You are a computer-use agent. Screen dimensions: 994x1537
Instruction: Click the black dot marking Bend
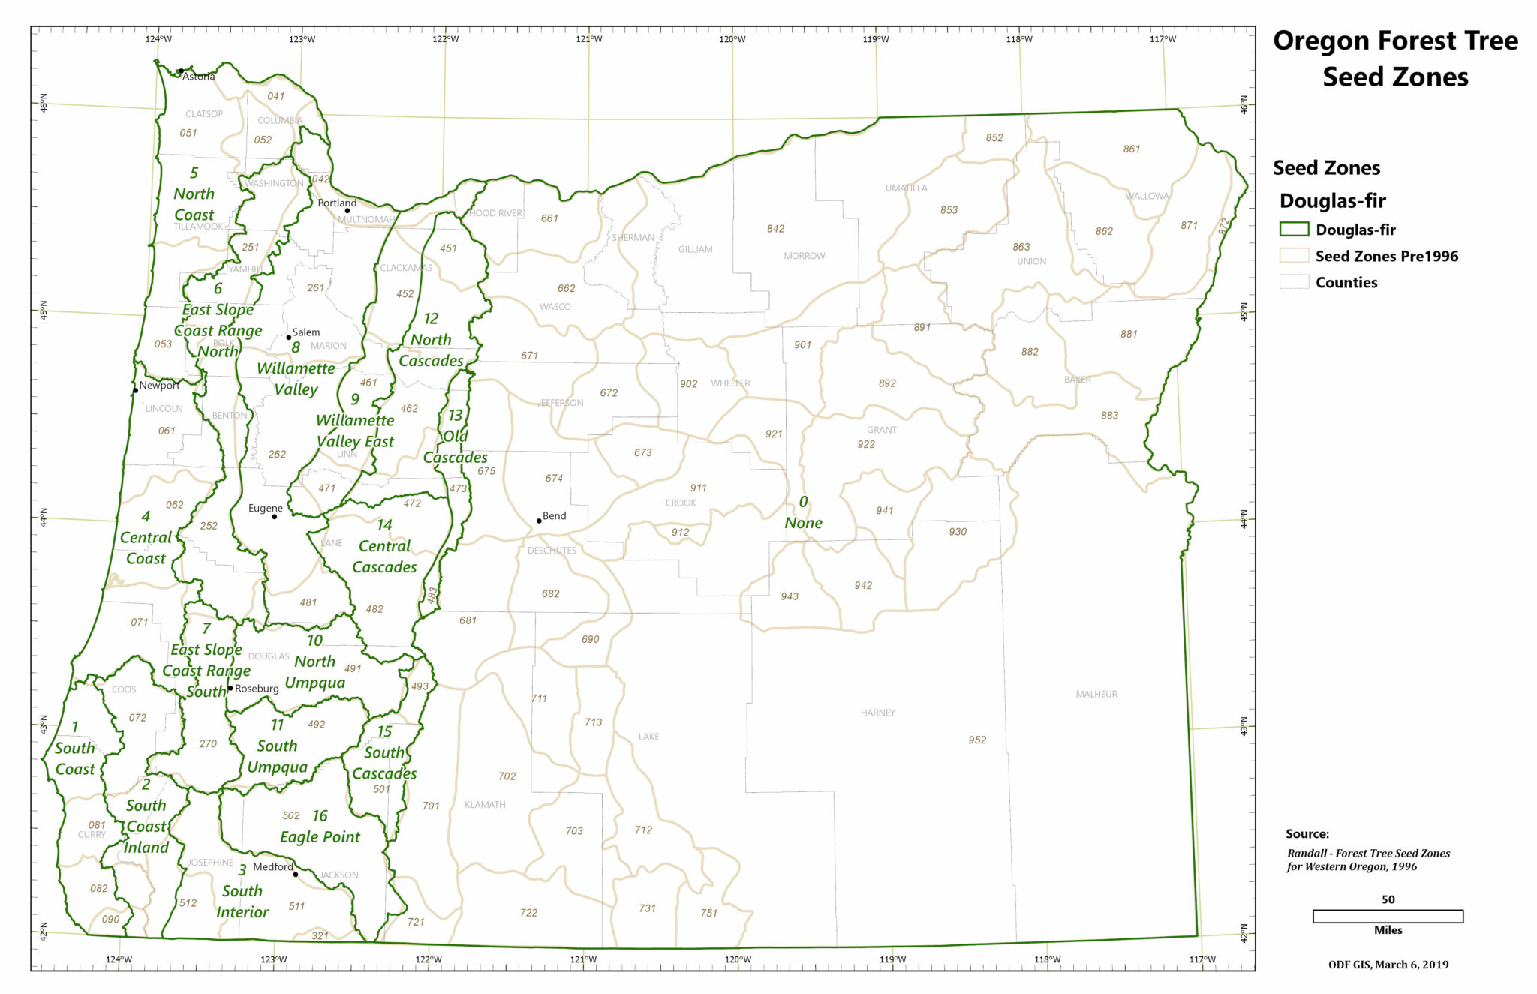539,521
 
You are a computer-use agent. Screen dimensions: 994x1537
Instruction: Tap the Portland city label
337,203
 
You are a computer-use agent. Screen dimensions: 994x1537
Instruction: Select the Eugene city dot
275,516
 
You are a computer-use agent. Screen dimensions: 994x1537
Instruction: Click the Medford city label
272,866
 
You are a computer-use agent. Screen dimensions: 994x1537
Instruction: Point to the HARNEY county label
877,713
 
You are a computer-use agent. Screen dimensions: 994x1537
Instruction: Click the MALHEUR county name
1096,694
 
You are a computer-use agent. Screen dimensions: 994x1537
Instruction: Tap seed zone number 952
977,740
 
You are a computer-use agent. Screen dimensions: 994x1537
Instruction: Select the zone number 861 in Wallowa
1132,149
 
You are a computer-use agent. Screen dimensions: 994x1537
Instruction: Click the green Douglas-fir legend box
1294,230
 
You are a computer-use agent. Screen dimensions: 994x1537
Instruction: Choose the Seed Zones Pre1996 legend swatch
1294,256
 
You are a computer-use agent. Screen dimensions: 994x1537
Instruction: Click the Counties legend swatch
1294,282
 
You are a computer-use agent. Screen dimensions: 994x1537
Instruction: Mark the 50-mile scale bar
1388,916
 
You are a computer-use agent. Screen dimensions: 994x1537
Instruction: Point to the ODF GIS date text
1388,965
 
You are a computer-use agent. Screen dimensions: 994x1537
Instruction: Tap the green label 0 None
803,512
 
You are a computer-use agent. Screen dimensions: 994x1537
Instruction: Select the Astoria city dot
181,71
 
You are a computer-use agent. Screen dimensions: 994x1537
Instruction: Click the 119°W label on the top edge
876,39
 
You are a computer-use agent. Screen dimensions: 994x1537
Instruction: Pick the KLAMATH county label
485,804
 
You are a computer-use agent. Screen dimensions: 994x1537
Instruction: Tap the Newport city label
159,386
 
